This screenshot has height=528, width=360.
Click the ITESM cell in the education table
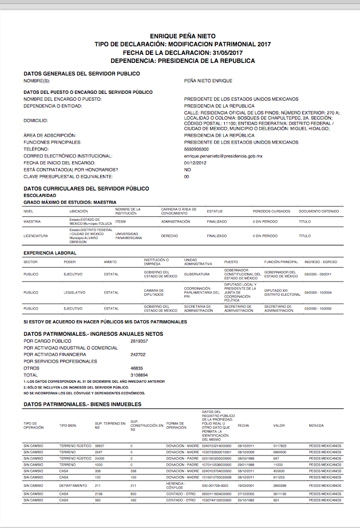click(120, 221)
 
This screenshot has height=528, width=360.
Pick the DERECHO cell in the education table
click(169, 236)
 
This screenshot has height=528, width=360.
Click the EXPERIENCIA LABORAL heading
click(50, 252)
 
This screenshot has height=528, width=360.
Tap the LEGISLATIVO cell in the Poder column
click(74, 292)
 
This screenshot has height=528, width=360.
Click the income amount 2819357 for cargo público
click(139, 341)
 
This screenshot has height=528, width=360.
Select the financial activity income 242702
click(139, 354)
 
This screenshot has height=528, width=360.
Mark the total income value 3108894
click(139, 375)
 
